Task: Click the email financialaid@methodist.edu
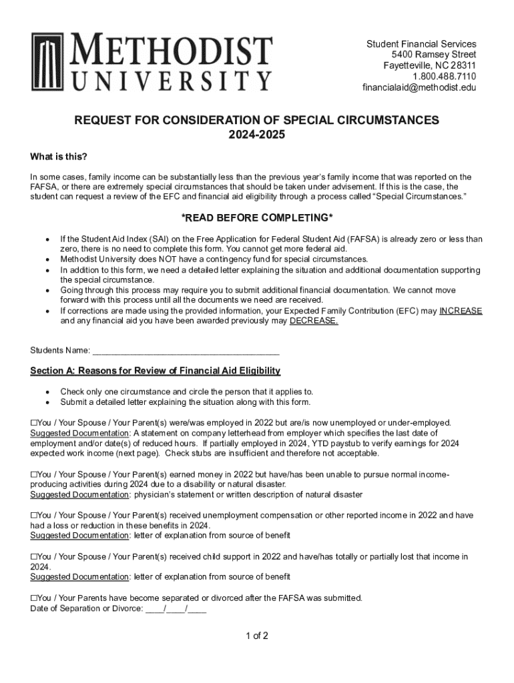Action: point(419,87)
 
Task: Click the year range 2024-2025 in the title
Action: point(256,135)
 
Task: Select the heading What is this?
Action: point(59,157)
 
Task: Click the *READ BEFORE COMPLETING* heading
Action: point(257,219)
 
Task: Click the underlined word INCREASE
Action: point(461,311)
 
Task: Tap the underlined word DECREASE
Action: point(314,321)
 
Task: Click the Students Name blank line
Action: point(186,351)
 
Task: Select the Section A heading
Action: point(155,371)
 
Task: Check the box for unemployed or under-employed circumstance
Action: point(34,423)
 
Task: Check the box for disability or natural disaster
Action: point(34,474)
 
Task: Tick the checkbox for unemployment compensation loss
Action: point(34,516)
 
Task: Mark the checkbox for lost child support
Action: point(34,557)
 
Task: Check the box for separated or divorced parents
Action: point(34,598)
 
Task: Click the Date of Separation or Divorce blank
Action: point(176,608)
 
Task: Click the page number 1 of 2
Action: point(256,636)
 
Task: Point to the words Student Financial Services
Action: point(421,44)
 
